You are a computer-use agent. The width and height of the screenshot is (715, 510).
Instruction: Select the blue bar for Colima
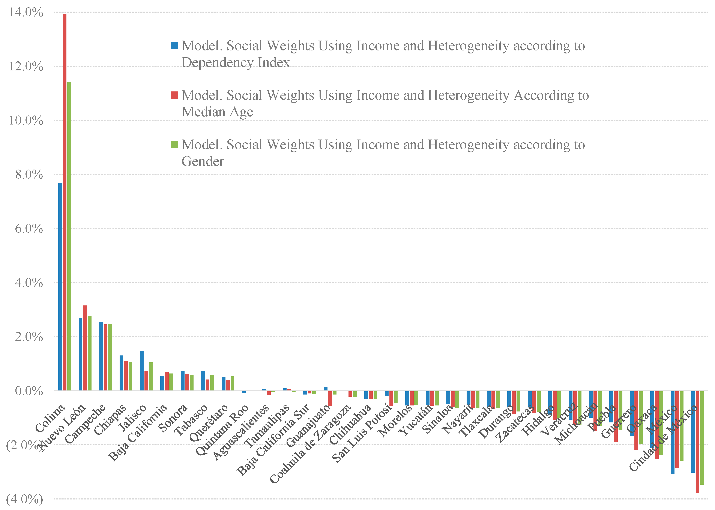60,286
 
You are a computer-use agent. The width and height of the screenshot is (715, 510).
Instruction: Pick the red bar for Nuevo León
85,348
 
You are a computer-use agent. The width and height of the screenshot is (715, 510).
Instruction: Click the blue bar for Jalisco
142,370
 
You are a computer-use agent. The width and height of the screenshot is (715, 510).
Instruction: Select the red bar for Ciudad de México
697,442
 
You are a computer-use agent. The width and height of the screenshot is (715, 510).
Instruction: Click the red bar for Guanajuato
330,399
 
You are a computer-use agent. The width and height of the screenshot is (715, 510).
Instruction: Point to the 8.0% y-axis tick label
29,175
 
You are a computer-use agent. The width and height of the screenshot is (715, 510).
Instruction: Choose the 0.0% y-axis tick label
29,391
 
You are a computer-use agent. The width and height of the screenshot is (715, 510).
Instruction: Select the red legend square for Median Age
174,95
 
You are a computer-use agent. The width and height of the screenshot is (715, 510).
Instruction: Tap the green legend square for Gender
174,144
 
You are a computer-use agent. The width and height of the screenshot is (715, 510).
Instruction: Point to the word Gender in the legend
203,161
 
